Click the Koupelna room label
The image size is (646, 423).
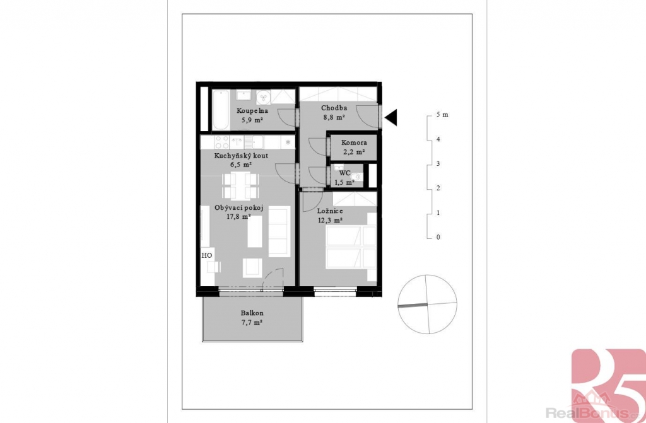252,110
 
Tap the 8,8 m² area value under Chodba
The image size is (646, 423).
334,117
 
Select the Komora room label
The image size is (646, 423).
354,142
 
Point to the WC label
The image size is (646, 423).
345,173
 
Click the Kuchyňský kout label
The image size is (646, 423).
241,156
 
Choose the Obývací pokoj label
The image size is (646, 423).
239,207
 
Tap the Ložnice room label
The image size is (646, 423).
330,211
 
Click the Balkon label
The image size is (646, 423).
252,313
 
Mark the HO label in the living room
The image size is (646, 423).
207,255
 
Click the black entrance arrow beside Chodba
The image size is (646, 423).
391,117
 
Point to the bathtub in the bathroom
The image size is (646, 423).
220,109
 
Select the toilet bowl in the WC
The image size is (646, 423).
356,177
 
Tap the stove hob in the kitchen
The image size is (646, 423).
222,142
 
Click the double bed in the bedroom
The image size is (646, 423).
351,247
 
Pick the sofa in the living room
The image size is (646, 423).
279,231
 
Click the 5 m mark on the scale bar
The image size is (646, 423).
442,115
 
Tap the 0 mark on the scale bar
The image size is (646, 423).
438,237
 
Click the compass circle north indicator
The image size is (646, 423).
427,304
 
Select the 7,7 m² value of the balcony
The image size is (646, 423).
252,323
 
